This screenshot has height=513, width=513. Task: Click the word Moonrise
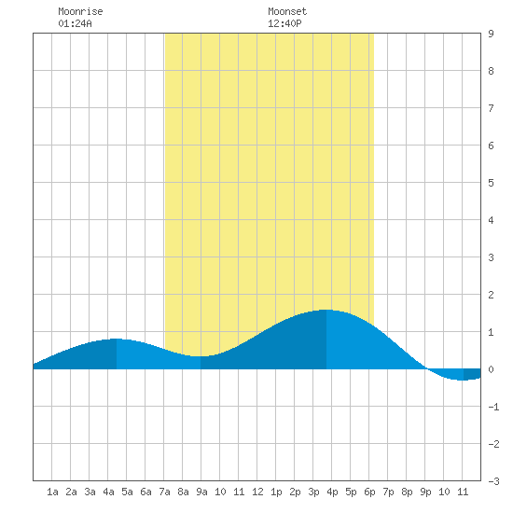click(80, 11)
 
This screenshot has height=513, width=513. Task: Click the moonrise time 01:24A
click(75, 23)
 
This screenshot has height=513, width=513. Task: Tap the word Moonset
click(287, 11)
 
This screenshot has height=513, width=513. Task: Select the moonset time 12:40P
click(284, 23)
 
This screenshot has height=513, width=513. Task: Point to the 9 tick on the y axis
click(491, 34)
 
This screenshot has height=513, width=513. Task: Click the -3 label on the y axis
click(493, 481)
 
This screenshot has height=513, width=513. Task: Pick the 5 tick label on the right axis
click(491, 183)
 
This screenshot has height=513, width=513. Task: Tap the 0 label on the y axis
click(491, 369)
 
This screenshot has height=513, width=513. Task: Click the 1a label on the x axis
click(52, 492)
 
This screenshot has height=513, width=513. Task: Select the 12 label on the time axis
click(257, 492)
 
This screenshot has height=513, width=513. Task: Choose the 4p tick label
click(332, 492)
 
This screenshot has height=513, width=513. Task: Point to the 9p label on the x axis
click(425, 492)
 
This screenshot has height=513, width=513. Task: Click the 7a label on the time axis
click(164, 492)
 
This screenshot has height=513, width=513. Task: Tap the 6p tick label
click(369, 492)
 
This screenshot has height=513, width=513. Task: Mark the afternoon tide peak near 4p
click(326, 310)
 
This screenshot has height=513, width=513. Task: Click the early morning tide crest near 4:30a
click(117, 339)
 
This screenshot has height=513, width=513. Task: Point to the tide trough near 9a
click(201, 356)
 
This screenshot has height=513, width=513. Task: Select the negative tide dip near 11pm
click(462, 380)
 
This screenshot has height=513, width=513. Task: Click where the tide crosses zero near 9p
click(426, 368)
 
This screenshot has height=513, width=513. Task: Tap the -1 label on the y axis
click(493, 407)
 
